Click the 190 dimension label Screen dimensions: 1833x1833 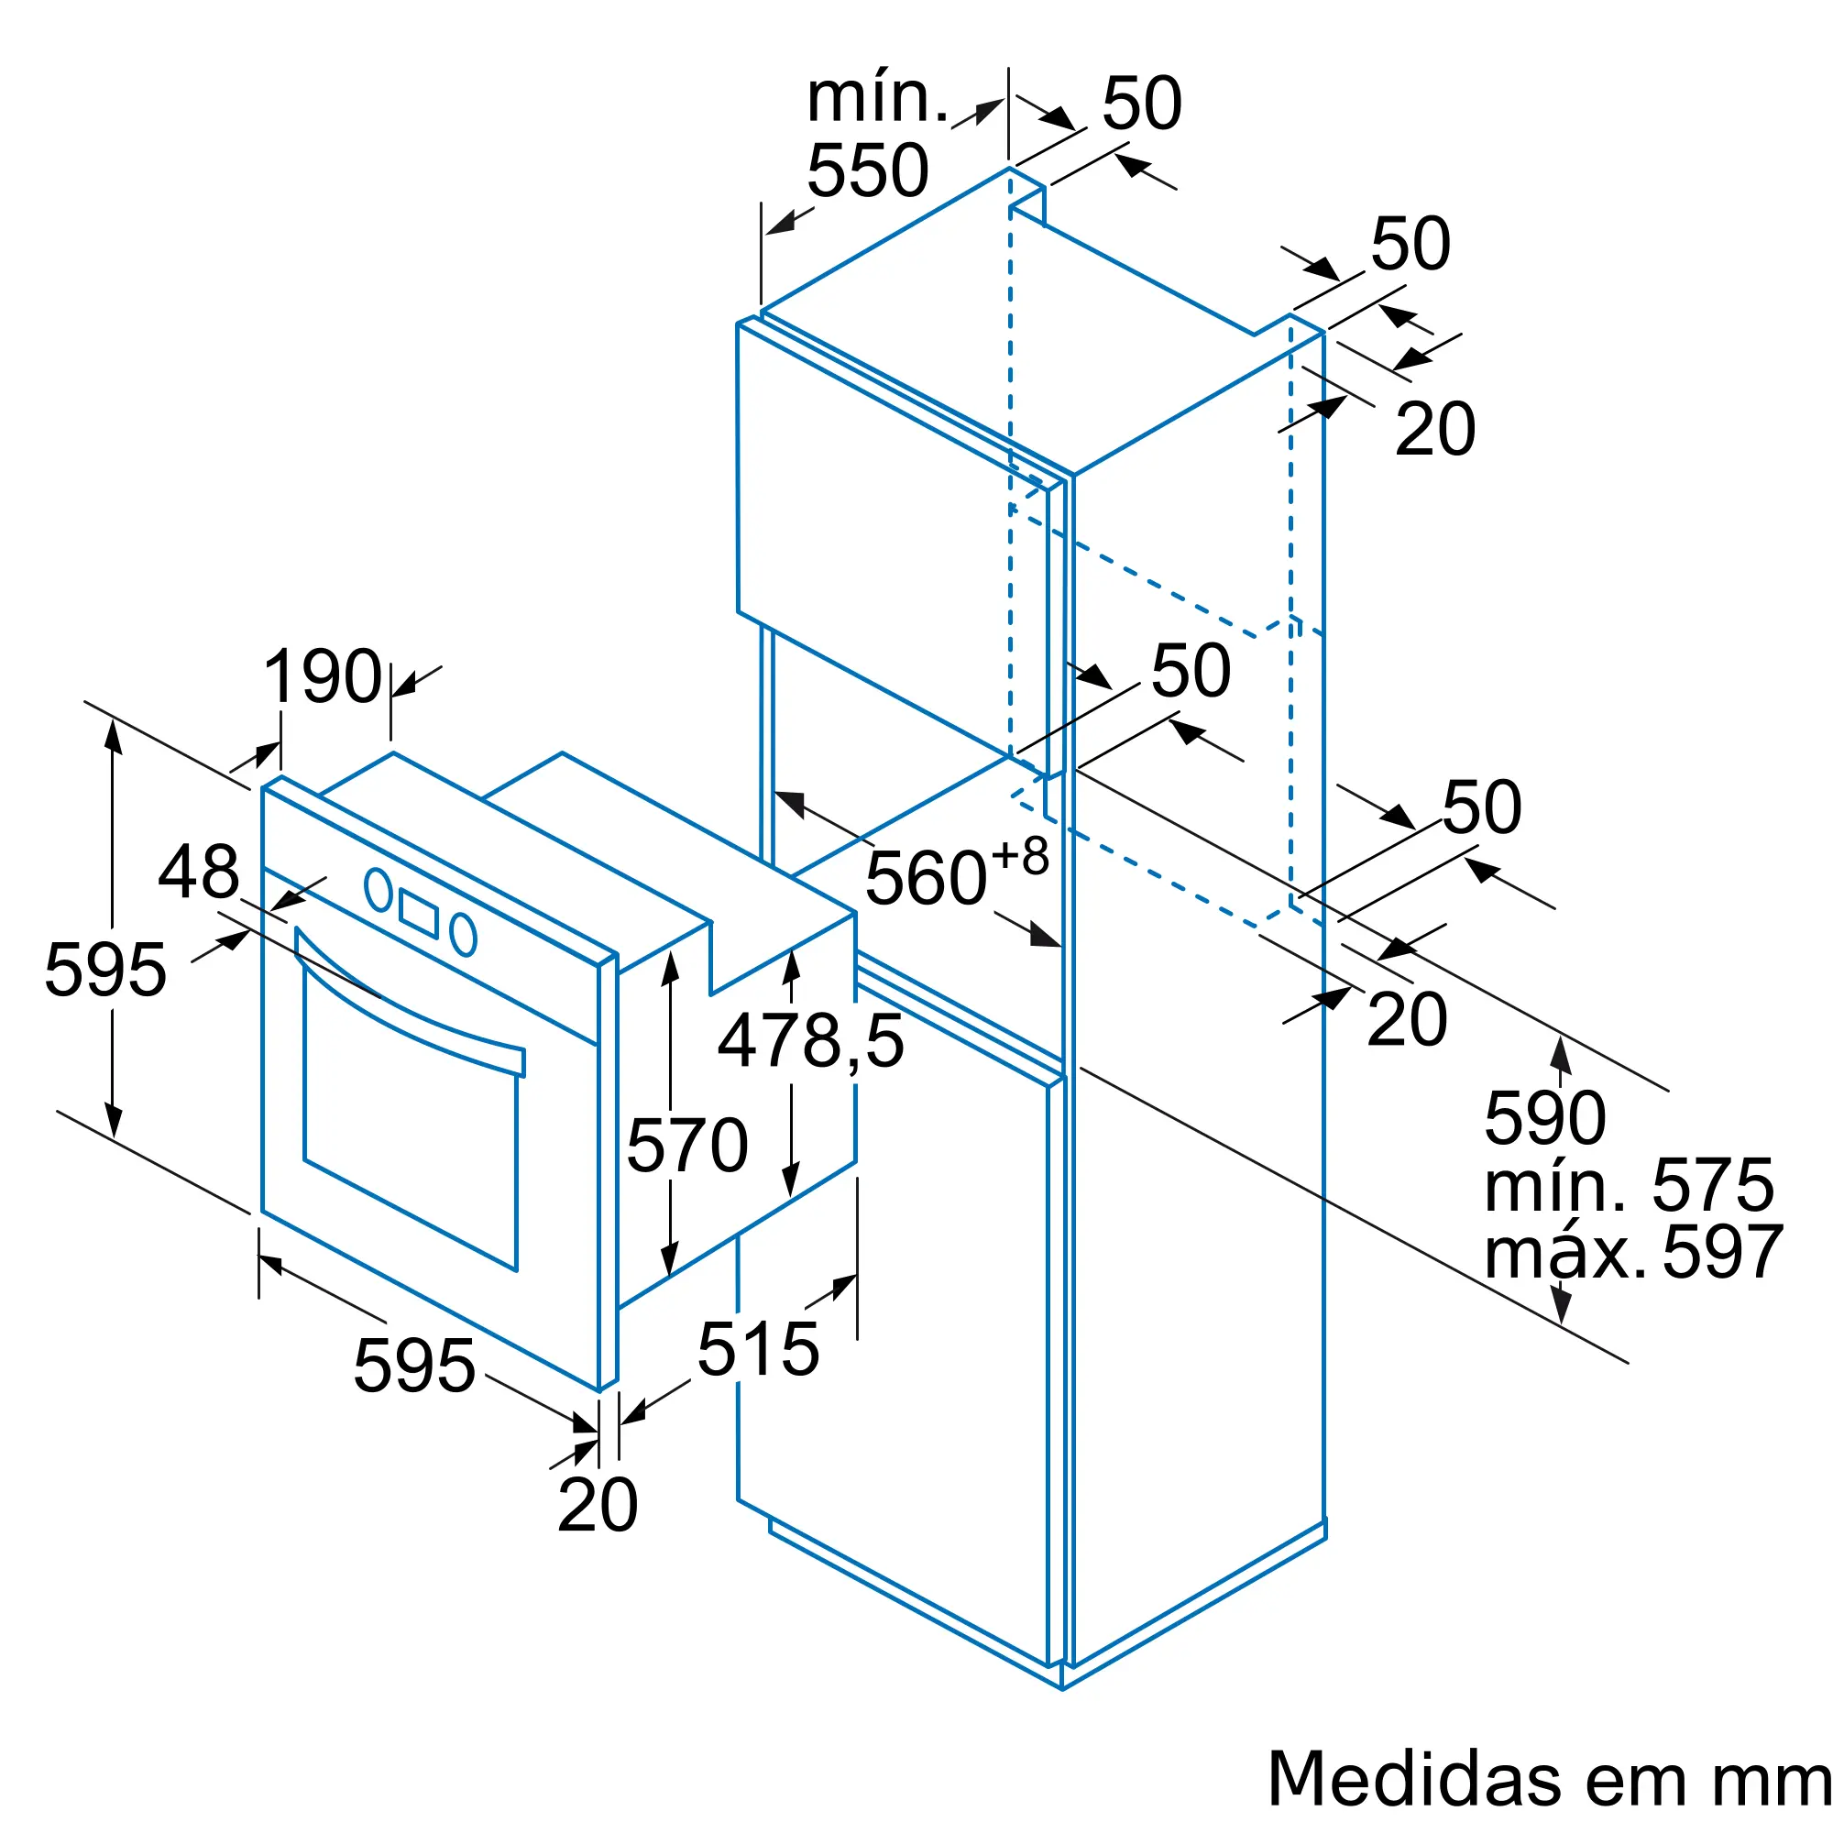(323, 676)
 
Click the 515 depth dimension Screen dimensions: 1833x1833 (758, 1348)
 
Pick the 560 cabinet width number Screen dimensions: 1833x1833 (927, 879)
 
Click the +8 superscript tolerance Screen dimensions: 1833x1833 (1020, 856)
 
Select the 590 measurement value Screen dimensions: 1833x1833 (1545, 1117)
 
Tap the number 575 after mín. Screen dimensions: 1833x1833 (1713, 1185)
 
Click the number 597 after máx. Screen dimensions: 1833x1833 (1723, 1252)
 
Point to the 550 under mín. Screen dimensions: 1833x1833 (868, 170)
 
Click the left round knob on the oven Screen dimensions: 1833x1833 (379, 889)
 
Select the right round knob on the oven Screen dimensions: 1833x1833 (463, 934)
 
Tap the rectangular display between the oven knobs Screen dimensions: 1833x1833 (419, 913)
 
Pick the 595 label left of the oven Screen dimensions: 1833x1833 (105, 970)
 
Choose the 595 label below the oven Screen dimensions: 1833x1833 (414, 1366)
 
